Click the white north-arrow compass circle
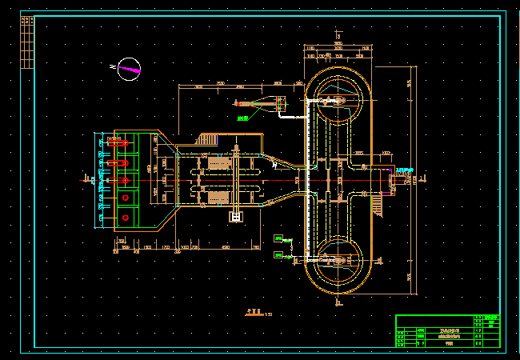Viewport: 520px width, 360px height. [x=129, y=70]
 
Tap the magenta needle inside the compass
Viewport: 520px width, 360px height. [x=130, y=70]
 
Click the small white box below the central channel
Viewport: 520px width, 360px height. [x=235, y=216]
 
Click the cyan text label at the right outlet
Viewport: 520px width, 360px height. [x=405, y=170]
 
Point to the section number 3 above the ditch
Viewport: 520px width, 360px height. [x=339, y=36]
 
